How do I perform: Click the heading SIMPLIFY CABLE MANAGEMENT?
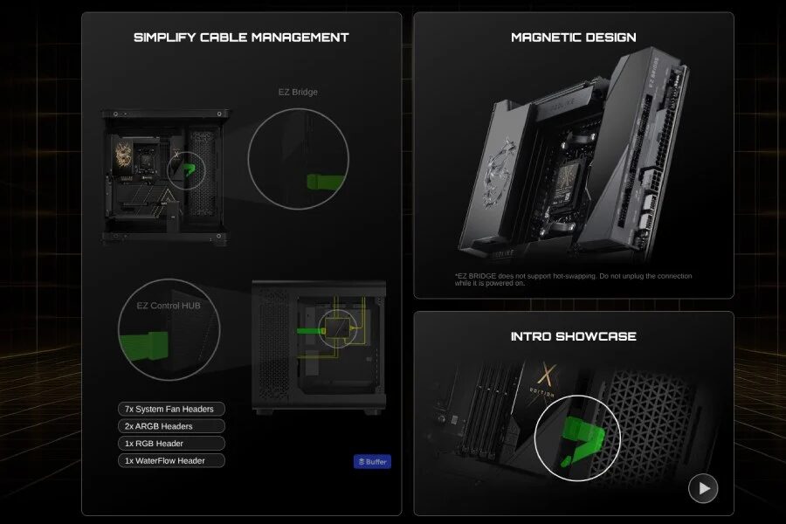(x=241, y=38)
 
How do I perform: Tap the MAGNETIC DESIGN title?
(x=573, y=38)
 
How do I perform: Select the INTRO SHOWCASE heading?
(x=573, y=336)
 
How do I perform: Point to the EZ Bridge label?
(x=299, y=92)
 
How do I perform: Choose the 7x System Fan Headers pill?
(x=171, y=409)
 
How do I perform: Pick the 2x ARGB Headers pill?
(x=171, y=426)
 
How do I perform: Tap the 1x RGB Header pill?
(x=171, y=443)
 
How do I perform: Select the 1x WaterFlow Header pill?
(x=171, y=460)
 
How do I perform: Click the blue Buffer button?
(x=372, y=461)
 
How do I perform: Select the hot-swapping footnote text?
(x=573, y=279)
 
